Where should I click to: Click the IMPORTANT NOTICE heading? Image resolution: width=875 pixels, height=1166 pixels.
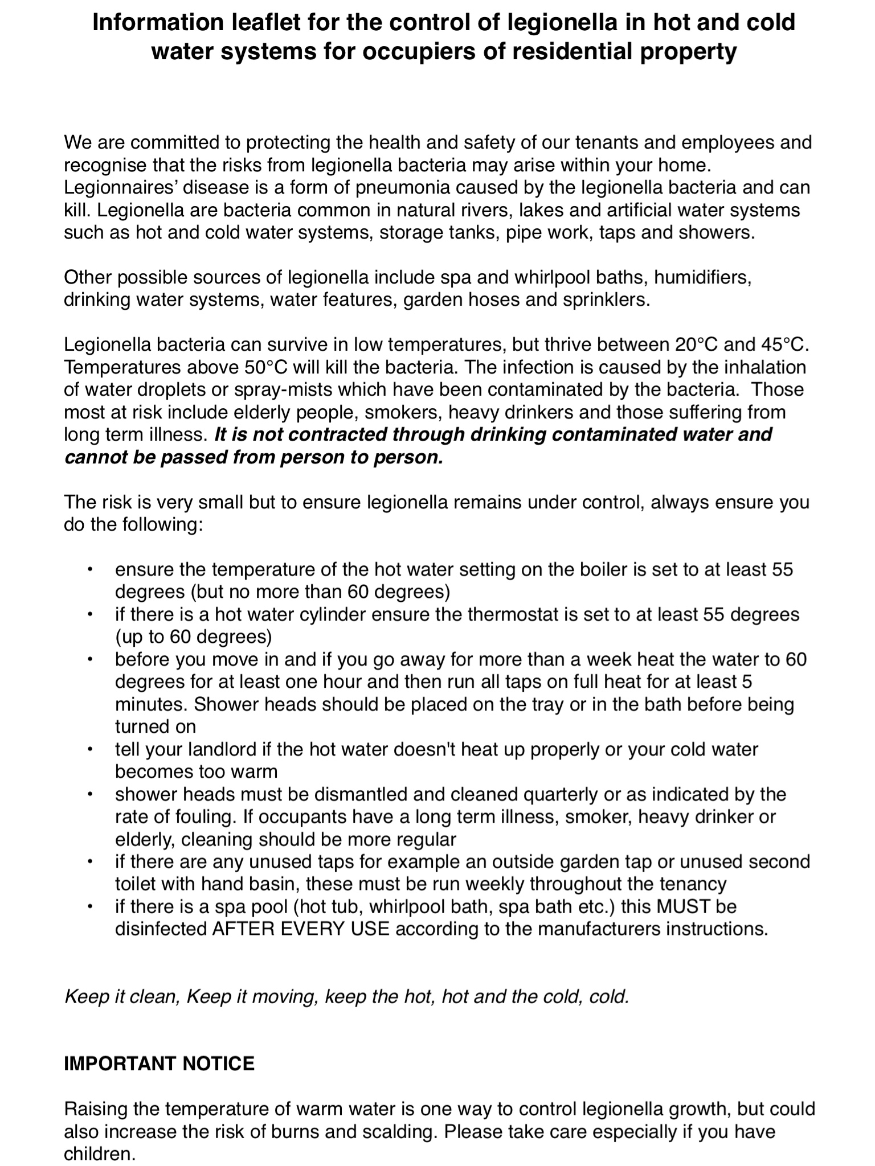[159, 1064]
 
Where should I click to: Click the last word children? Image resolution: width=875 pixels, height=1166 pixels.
[99, 1154]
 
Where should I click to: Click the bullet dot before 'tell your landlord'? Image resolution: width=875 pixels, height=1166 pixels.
[89, 749]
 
